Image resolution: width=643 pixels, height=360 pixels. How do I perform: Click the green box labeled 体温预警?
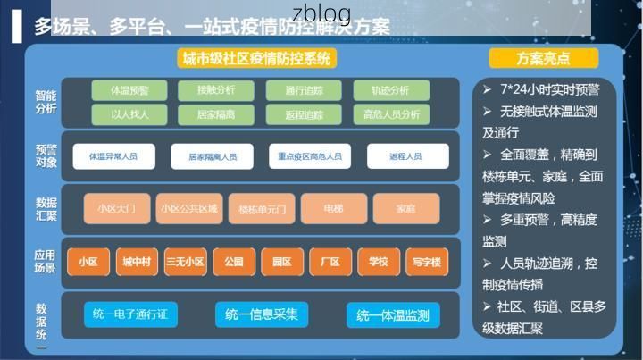click(129, 90)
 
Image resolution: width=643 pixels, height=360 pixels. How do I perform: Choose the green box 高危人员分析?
click(392, 114)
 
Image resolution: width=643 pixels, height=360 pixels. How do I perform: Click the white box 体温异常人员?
click(113, 156)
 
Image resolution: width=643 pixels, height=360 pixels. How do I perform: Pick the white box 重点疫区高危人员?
click(309, 156)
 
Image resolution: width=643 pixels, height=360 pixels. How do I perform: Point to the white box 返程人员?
click(407, 156)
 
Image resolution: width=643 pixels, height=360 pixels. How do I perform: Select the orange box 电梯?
click(334, 208)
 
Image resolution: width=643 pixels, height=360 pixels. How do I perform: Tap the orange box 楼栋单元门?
click(262, 209)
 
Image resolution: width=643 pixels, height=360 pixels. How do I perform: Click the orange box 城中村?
click(137, 262)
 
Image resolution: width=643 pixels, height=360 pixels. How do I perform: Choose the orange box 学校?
click(379, 262)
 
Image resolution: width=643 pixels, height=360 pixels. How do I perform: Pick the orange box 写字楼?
click(427, 262)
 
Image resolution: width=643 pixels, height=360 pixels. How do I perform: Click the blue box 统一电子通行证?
click(130, 314)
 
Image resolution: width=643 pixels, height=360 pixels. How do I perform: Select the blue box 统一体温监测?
click(392, 315)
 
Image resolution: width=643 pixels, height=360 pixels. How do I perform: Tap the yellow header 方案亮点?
click(543, 59)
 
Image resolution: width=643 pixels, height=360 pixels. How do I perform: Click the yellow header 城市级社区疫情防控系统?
click(255, 59)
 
